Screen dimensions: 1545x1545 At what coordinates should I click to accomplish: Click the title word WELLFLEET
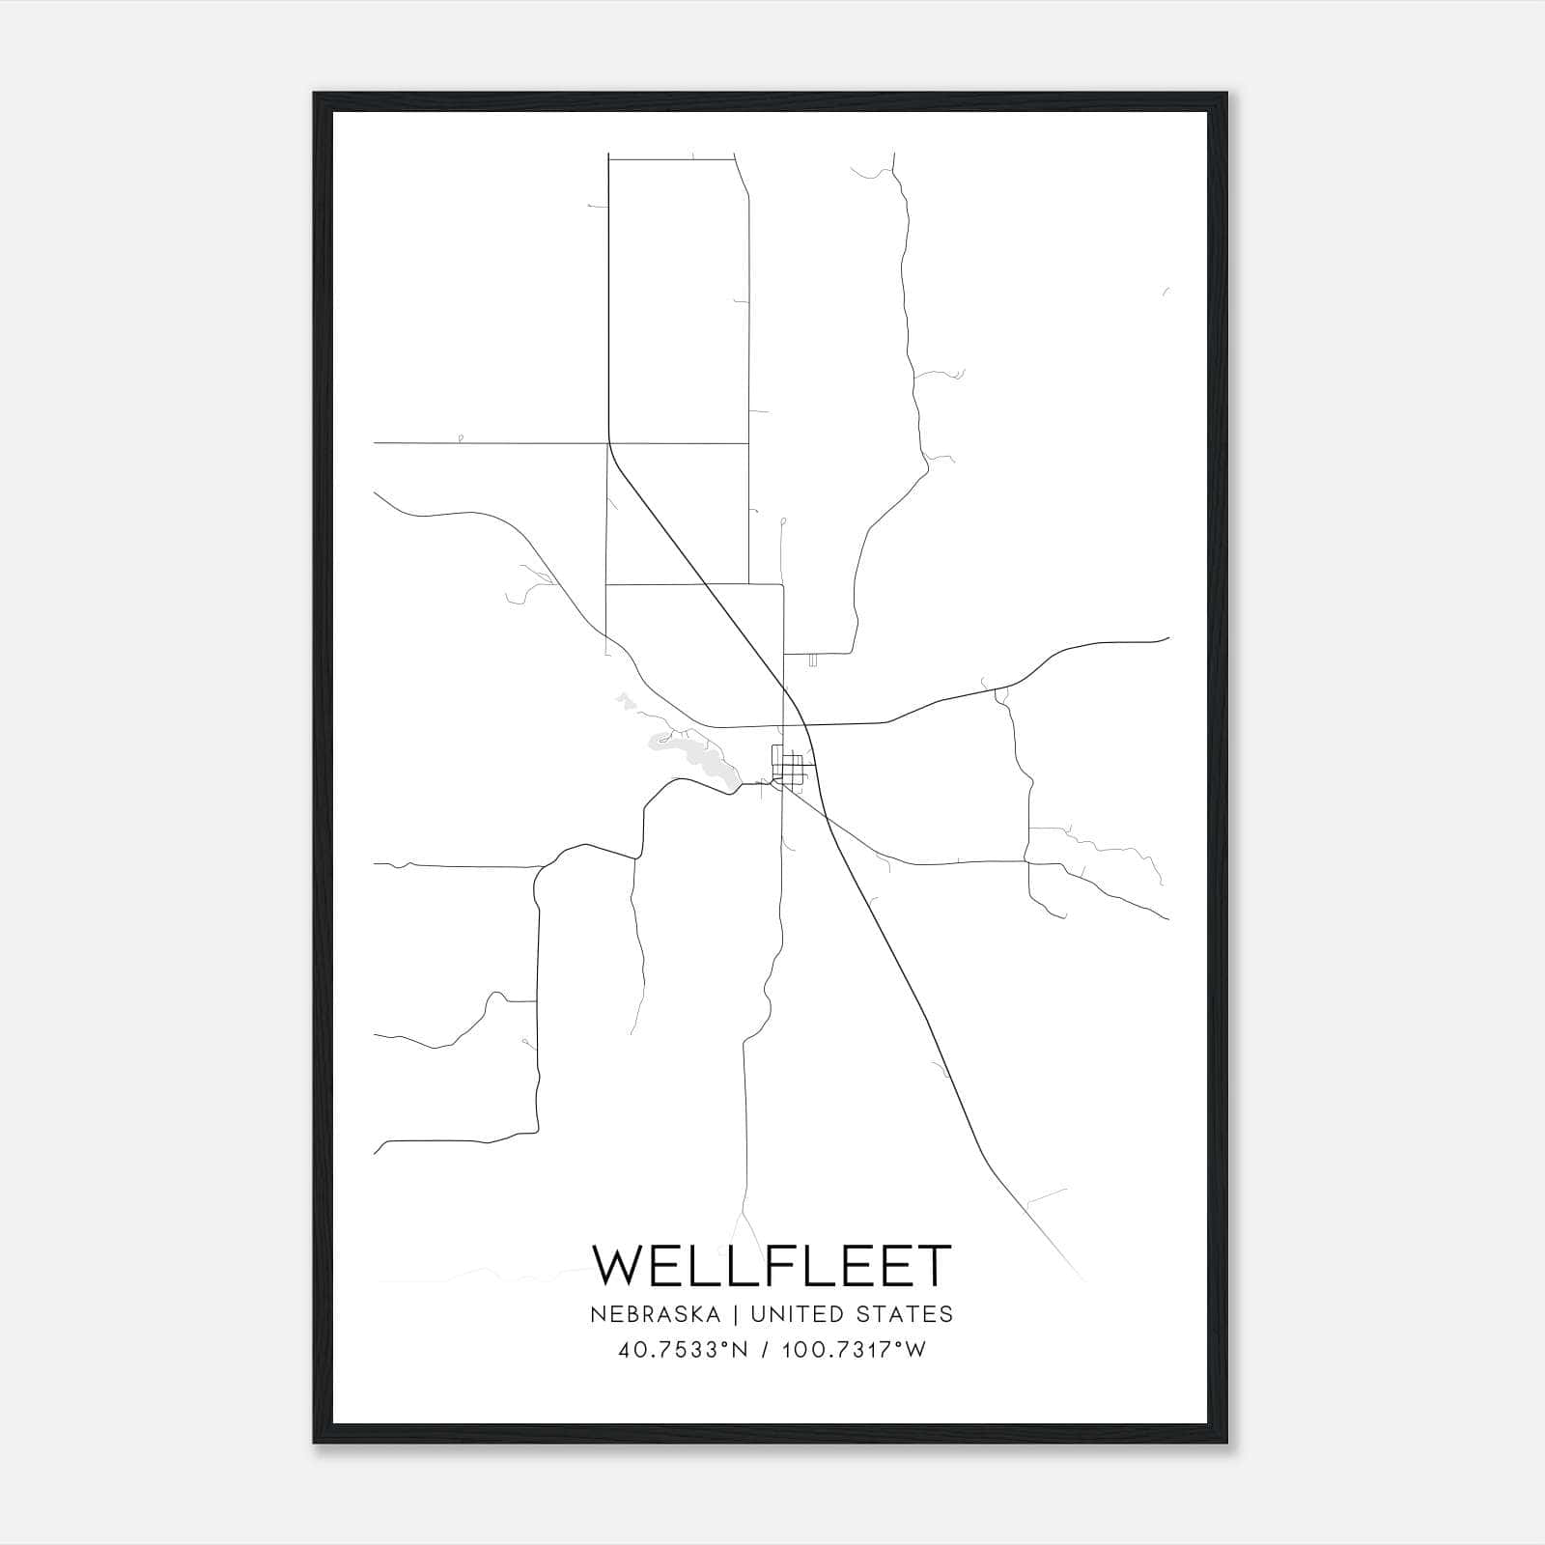click(x=772, y=1266)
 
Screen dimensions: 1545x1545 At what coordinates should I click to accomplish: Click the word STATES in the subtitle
click(x=904, y=1314)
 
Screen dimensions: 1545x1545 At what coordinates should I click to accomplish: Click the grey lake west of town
click(x=690, y=753)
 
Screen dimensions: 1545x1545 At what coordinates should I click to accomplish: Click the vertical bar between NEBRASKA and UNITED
click(x=735, y=1314)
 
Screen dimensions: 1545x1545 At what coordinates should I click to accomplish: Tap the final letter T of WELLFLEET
click(x=933, y=1266)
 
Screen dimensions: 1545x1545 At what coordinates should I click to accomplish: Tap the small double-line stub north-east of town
click(x=813, y=660)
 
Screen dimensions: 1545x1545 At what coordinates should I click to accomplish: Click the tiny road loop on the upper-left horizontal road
click(x=460, y=438)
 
